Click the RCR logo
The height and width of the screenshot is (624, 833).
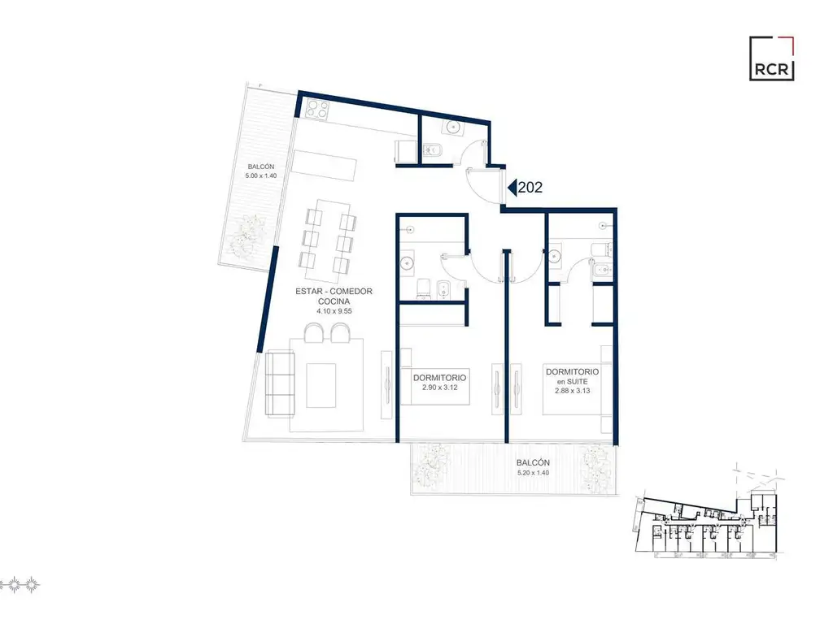tap(771, 58)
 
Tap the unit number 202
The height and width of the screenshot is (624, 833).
tap(530, 188)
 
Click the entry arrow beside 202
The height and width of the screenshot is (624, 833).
tap(512, 188)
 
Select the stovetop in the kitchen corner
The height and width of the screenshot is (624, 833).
tap(316, 110)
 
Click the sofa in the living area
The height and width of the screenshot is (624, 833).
tap(280, 383)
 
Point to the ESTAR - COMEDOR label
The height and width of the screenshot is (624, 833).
tap(334, 292)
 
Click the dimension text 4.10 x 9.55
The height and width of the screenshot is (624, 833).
tap(334, 311)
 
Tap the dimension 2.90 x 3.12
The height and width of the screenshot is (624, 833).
tap(440, 388)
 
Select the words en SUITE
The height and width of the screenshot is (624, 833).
tap(572, 382)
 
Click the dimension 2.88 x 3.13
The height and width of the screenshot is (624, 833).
tap(572, 391)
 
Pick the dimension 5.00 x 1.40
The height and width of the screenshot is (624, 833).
tap(261, 175)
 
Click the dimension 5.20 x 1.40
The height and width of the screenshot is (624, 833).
tap(533, 473)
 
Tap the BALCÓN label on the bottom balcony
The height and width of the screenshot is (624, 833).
tap(533, 462)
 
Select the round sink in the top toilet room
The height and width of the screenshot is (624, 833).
tap(453, 127)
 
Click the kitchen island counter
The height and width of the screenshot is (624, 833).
tap(325, 166)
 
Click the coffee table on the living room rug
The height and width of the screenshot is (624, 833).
tap(321, 385)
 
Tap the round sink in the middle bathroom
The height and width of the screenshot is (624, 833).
tap(408, 262)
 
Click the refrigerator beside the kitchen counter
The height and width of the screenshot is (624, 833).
tap(405, 152)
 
